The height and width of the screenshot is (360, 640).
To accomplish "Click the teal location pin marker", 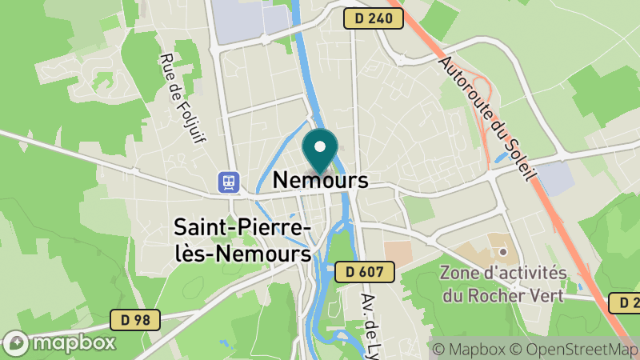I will tap(320, 151).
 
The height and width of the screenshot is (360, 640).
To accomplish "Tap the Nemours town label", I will tap(320, 180).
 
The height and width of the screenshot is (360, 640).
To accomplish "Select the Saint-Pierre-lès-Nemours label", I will tap(242, 241).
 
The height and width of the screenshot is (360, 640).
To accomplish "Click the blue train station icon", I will tap(230, 182).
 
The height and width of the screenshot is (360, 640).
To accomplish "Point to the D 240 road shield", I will tap(374, 18).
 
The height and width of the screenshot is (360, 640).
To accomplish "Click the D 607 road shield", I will tap(366, 272).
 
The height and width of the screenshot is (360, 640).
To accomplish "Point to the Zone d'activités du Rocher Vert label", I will tap(503, 283).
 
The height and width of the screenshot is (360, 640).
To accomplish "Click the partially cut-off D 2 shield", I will tap(625, 302).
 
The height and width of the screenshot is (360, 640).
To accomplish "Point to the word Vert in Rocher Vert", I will tap(548, 295).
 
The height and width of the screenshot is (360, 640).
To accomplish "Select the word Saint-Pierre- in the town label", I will tap(242, 229).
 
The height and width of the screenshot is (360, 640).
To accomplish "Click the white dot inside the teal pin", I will tap(320, 146).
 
